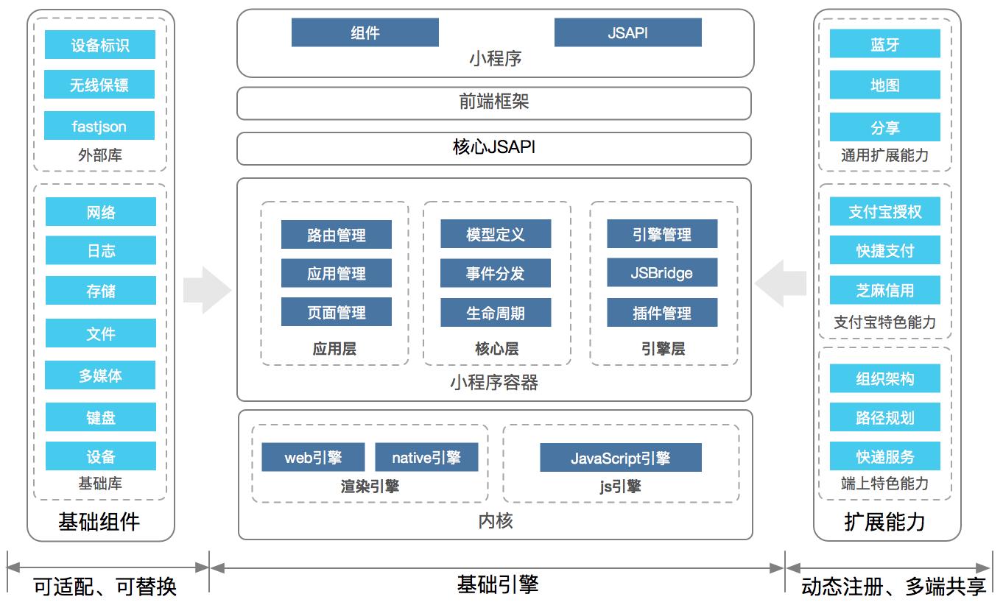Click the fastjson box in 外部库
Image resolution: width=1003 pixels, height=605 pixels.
pos(99,126)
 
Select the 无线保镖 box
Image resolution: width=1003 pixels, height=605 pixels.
pos(99,85)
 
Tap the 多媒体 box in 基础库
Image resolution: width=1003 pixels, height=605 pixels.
pos(100,375)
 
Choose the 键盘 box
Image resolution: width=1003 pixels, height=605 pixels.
pos(100,417)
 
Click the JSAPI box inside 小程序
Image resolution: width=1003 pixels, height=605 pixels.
pos(627,32)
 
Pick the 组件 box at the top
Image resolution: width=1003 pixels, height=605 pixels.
pos(365,32)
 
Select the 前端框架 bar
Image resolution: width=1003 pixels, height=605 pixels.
pos(493,103)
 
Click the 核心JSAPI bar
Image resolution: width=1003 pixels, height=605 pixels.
pos(493,148)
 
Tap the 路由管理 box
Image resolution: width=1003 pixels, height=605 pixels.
pos(336,235)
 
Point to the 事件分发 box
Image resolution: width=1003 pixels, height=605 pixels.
pos(496,274)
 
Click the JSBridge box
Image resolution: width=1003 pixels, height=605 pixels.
pos(662,273)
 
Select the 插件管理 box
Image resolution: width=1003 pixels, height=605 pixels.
pos(662,313)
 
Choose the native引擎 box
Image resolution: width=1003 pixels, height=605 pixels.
pos(426,457)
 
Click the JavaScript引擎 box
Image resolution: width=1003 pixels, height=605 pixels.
pos(620,458)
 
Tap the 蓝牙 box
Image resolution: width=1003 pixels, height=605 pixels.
pos(884,43)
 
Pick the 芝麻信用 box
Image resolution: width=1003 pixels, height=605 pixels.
pos(884,290)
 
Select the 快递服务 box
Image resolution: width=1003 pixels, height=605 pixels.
pos(884,456)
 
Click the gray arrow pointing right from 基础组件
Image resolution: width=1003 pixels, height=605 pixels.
pos(207,290)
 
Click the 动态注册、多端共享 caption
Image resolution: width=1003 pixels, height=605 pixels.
pos(894,587)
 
